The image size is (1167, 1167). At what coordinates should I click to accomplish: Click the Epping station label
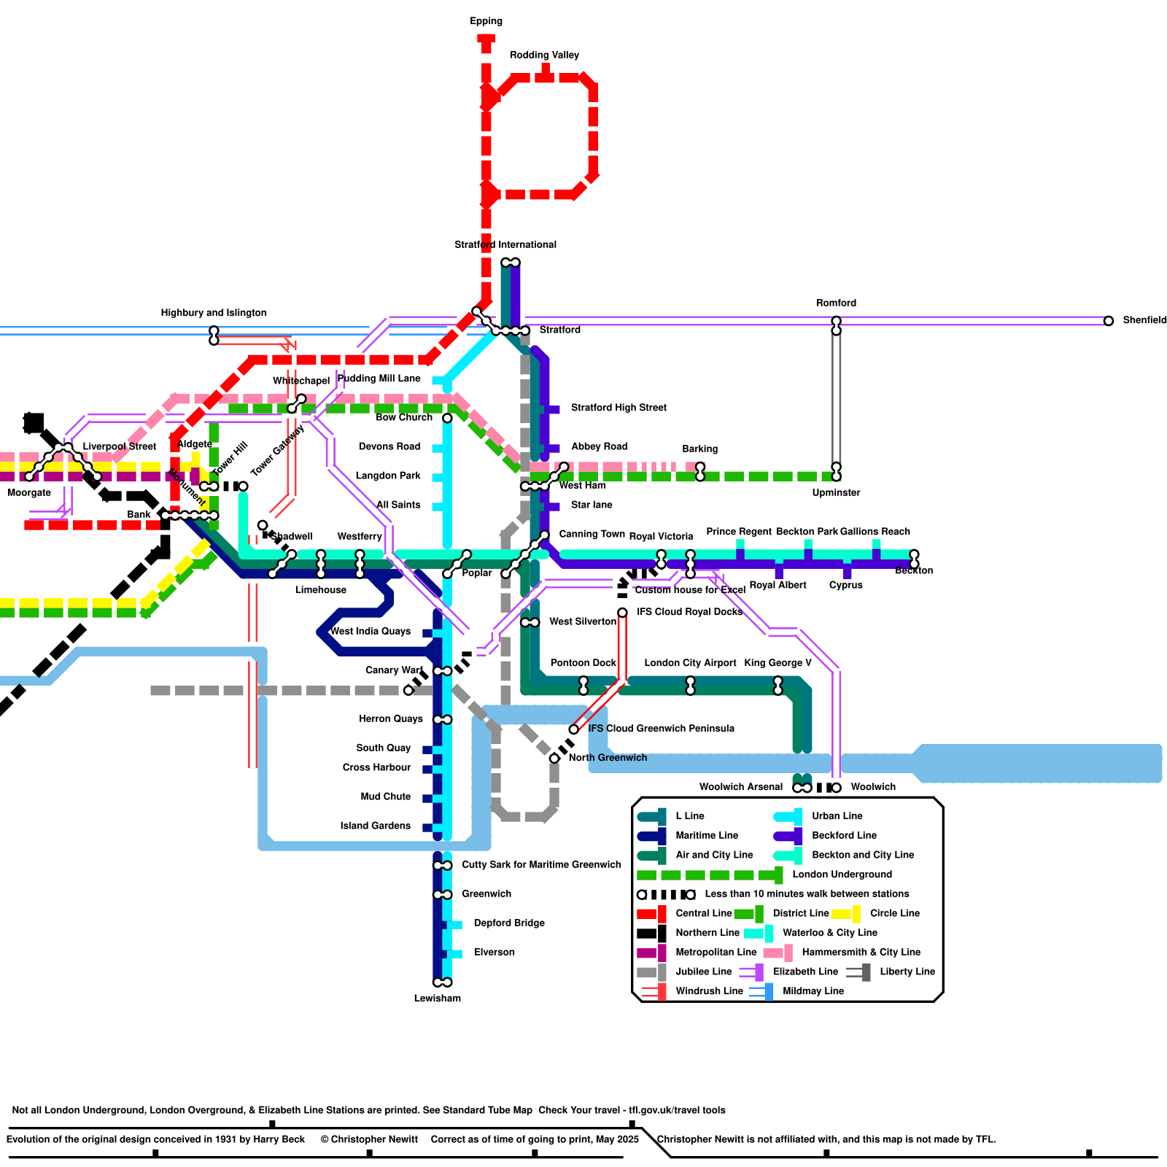click(x=486, y=21)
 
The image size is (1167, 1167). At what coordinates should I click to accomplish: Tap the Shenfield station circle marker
click(x=1108, y=321)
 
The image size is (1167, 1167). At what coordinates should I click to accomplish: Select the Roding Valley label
click(x=544, y=55)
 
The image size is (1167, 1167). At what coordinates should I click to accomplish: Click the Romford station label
click(x=836, y=303)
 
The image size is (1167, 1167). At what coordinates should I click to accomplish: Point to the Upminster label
click(x=836, y=492)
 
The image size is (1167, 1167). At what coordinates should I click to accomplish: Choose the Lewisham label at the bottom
click(x=437, y=998)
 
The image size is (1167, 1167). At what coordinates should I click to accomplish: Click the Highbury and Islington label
click(x=213, y=313)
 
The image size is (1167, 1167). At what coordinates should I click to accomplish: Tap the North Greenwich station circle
click(x=554, y=759)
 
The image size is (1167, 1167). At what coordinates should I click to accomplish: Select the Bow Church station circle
click(x=447, y=418)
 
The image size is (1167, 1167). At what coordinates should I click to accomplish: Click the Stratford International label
click(x=505, y=244)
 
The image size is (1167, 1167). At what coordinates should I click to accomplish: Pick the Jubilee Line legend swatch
click(x=651, y=972)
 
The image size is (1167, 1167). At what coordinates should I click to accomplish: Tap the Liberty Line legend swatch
click(x=859, y=972)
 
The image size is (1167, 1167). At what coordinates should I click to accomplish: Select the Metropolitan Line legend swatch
click(x=651, y=952)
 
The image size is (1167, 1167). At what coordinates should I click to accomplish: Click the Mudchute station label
click(x=385, y=796)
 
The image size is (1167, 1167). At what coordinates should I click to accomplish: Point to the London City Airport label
click(x=690, y=663)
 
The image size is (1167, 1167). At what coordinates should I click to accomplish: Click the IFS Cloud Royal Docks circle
click(x=622, y=613)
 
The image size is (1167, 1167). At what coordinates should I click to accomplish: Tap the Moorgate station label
click(x=29, y=492)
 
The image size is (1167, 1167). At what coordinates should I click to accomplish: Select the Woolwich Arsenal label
click(x=740, y=787)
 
